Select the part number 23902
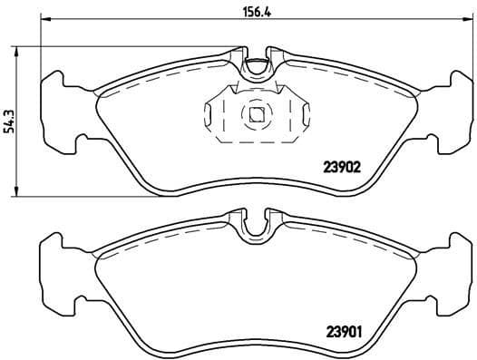(x=344, y=167)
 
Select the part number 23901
(x=344, y=331)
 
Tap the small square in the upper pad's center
(x=257, y=114)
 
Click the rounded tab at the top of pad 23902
(x=257, y=66)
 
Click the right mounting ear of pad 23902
(x=450, y=106)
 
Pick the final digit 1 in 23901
(x=360, y=331)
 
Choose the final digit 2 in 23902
(x=359, y=167)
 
